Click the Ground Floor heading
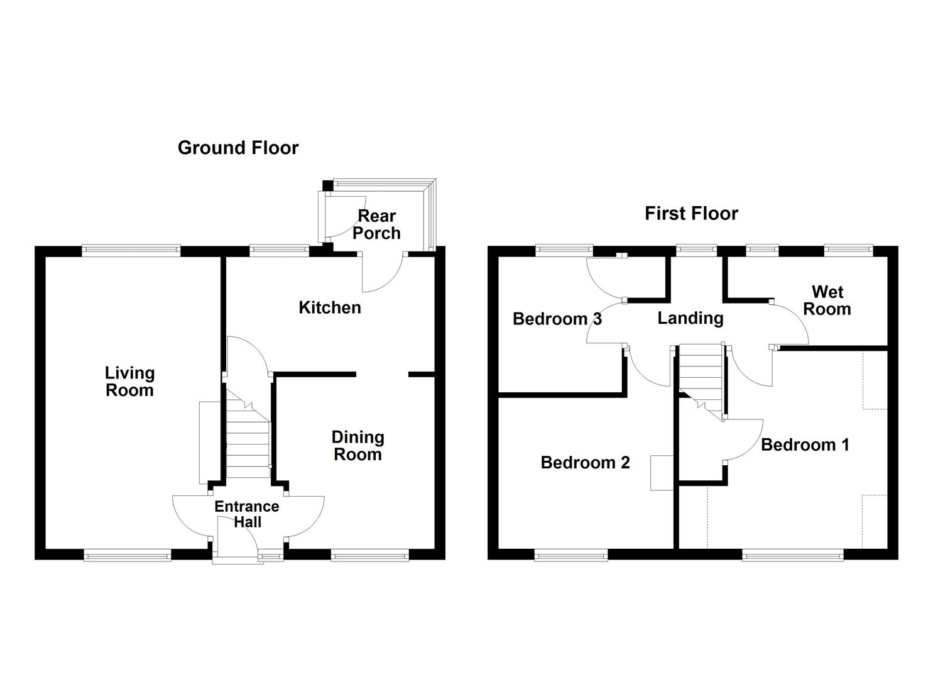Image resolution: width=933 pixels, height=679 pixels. [238, 148]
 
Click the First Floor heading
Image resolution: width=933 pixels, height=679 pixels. [691, 213]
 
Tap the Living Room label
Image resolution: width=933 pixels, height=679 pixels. [129, 382]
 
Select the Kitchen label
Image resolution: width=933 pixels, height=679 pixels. [329, 307]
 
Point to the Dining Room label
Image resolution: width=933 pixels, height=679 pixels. [357, 446]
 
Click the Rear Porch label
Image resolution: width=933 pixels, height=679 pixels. [376, 224]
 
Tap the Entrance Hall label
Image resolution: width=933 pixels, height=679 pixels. [247, 514]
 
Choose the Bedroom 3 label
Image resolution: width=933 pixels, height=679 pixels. [557, 319]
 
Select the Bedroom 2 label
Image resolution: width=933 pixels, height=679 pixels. [585, 463]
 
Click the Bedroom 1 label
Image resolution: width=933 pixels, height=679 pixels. [805, 444]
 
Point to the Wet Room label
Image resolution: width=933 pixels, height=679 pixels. [827, 301]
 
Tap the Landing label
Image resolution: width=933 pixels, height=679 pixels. [690, 319]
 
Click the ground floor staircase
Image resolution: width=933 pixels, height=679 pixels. [248, 434]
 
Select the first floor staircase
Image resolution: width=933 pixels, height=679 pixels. [701, 382]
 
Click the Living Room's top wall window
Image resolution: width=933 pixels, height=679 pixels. [131, 250]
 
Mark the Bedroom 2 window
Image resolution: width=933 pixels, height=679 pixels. [571, 555]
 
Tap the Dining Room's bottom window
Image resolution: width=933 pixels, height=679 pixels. [370, 555]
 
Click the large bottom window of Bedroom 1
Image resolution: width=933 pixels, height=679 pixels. [793, 555]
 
